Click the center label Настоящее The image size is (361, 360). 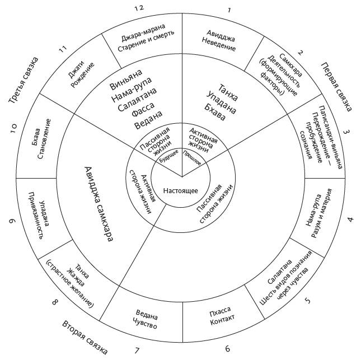click(x=181, y=190)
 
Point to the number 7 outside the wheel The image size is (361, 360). click(x=137, y=350)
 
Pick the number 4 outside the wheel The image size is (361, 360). click(x=350, y=219)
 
